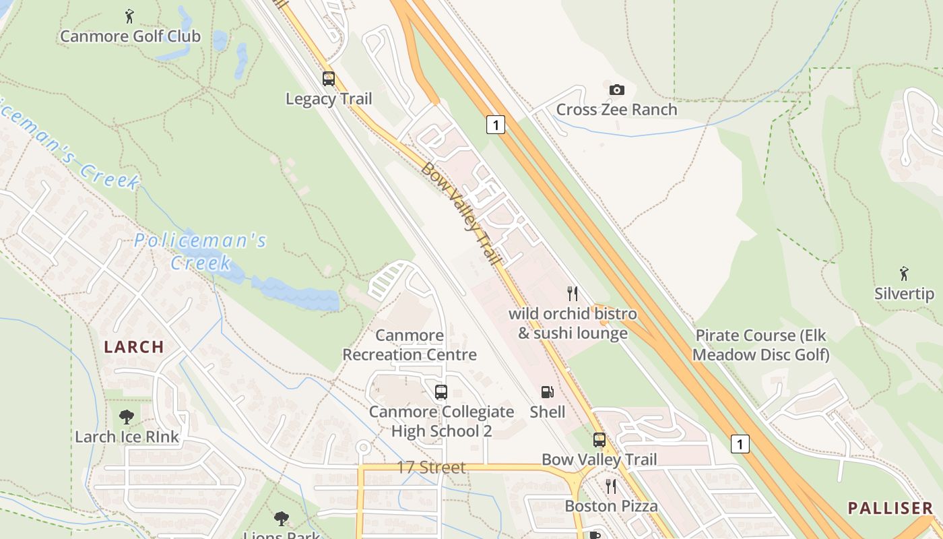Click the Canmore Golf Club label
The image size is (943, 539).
point(130,36)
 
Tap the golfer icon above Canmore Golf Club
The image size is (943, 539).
point(129,15)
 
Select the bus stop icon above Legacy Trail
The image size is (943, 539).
point(329,79)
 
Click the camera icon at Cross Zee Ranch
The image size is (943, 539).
point(616,90)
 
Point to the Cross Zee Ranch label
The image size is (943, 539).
point(616,109)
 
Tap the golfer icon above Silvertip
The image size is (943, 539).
point(904,274)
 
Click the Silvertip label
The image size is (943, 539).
point(904,294)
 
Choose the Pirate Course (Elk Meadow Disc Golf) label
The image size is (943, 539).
point(760,345)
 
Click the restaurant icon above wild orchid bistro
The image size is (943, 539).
point(573,293)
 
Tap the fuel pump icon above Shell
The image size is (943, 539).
point(548,391)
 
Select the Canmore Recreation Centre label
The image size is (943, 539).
point(410,345)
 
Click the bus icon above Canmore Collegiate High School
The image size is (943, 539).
point(441,391)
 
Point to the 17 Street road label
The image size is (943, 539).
point(431,467)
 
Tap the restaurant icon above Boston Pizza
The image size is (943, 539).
point(611,486)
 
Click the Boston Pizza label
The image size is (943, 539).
point(611,506)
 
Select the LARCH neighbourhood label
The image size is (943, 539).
point(133,347)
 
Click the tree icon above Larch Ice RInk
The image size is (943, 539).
point(127,416)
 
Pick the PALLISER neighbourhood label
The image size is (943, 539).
point(890,508)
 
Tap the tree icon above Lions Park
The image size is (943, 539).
point(282,518)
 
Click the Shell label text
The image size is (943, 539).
point(548,411)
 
